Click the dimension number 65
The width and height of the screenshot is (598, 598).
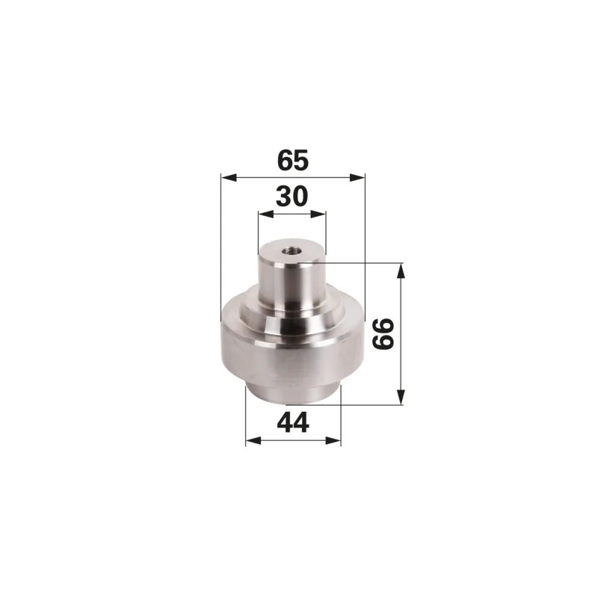point(292,160)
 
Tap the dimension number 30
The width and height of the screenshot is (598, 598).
point(292,197)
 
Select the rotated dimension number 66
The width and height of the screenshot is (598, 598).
point(383,334)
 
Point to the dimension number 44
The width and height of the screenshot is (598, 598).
point(293,422)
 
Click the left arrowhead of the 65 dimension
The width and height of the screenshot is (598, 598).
point(229,178)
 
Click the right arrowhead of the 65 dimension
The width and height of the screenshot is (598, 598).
point(357,178)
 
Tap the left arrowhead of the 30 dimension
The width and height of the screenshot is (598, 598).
point(266,214)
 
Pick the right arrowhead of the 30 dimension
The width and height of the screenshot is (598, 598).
point(318,214)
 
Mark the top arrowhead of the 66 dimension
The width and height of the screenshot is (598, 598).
point(401,271)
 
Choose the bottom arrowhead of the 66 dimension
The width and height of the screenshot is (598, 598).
point(401,397)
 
